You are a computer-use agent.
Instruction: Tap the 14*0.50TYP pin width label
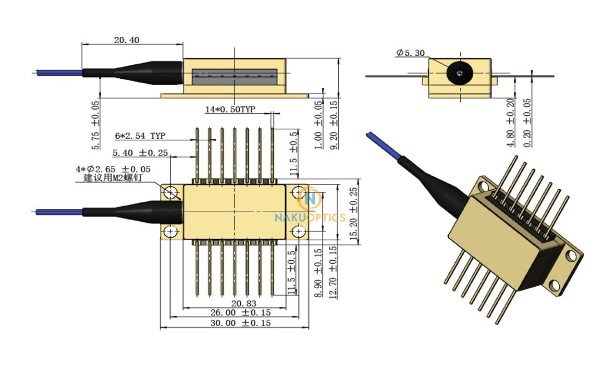(230, 109)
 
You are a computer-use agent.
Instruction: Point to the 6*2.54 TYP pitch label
(140, 136)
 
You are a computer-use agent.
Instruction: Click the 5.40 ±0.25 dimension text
(140, 153)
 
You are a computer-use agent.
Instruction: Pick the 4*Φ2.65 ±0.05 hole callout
(113, 169)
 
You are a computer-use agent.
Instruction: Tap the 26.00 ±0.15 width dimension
(241, 313)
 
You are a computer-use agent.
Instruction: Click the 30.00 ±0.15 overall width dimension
(241, 323)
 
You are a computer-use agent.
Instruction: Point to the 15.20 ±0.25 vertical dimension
(354, 214)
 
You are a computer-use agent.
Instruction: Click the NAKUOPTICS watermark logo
(309, 207)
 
